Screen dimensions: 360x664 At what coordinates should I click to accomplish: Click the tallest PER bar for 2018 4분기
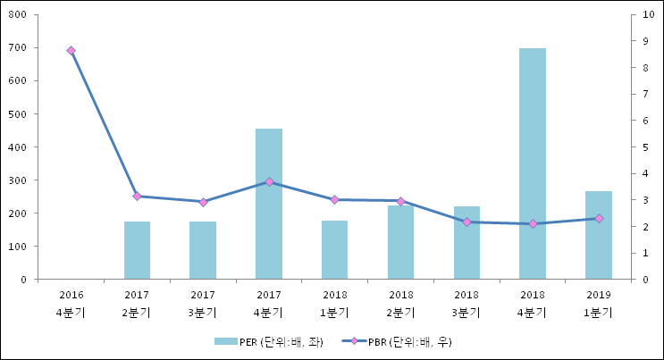(x=533, y=163)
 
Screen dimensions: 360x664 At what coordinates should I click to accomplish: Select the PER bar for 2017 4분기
(x=269, y=204)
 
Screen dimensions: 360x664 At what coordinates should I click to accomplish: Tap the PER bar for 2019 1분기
(x=599, y=235)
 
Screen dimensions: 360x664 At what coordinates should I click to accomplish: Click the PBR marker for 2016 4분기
(x=71, y=51)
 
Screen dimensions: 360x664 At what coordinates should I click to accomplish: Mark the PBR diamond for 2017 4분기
(x=269, y=182)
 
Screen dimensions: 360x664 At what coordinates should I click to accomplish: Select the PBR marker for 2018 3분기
(x=466, y=222)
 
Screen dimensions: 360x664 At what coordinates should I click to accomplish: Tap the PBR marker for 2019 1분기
(x=599, y=218)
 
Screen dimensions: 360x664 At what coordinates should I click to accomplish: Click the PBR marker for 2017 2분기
(x=137, y=197)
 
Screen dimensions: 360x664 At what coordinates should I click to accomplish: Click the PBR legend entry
(x=392, y=342)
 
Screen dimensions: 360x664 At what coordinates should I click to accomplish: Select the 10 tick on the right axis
(x=646, y=15)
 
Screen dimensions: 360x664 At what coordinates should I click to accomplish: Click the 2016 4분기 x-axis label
(x=71, y=303)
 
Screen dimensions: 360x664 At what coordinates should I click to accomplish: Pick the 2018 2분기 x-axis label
(x=400, y=303)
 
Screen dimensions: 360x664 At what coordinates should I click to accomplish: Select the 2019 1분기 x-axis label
(x=599, y=303)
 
